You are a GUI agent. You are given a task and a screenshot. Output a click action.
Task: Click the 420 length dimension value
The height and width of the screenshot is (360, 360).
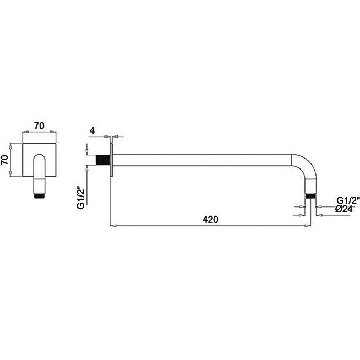[210, 220]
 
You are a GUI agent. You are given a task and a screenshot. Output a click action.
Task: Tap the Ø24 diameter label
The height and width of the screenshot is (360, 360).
[343, 209]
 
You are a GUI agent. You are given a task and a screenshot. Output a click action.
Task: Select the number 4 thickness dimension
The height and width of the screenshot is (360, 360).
[92, 130]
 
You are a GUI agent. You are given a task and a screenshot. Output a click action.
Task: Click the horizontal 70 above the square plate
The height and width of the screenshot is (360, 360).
[39, 126]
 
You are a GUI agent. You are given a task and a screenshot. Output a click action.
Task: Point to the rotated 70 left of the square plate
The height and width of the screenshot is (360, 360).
[5, 160]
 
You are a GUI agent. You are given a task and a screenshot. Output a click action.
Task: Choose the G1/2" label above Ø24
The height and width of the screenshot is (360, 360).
[347, 200]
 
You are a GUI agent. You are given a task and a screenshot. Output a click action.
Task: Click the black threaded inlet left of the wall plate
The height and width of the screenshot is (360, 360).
[102, 160]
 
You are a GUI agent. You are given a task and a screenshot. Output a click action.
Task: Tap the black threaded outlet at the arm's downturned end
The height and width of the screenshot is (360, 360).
[310, 197]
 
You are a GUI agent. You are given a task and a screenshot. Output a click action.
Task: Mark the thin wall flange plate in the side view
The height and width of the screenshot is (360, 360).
[111, 160]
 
